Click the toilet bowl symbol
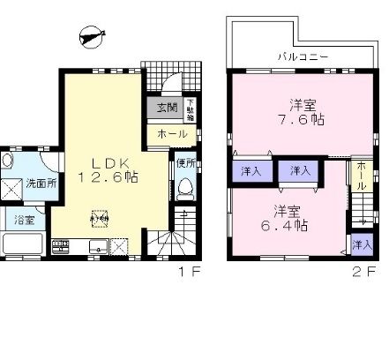[184, 188]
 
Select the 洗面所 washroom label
[41, 184]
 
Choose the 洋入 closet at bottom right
[360, 243]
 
